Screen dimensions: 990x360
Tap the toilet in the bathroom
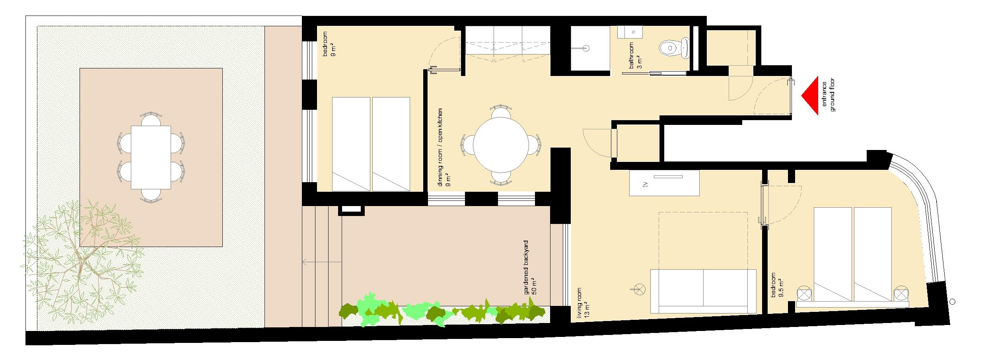674,48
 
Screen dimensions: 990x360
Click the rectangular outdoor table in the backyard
151,158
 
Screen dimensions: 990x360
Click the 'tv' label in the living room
646,184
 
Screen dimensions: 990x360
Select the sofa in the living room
703,291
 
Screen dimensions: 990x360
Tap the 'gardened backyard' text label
526,267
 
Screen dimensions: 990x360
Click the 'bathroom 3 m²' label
635,56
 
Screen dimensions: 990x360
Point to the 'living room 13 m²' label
583,303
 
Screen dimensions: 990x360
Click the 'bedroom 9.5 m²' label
777,285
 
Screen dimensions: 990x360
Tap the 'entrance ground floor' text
828,95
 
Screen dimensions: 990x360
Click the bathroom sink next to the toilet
630,32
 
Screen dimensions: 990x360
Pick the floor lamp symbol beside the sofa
639,289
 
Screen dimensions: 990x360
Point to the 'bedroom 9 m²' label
329,44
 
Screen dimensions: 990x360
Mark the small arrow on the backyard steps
322,262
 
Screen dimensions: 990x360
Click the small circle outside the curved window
952,302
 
